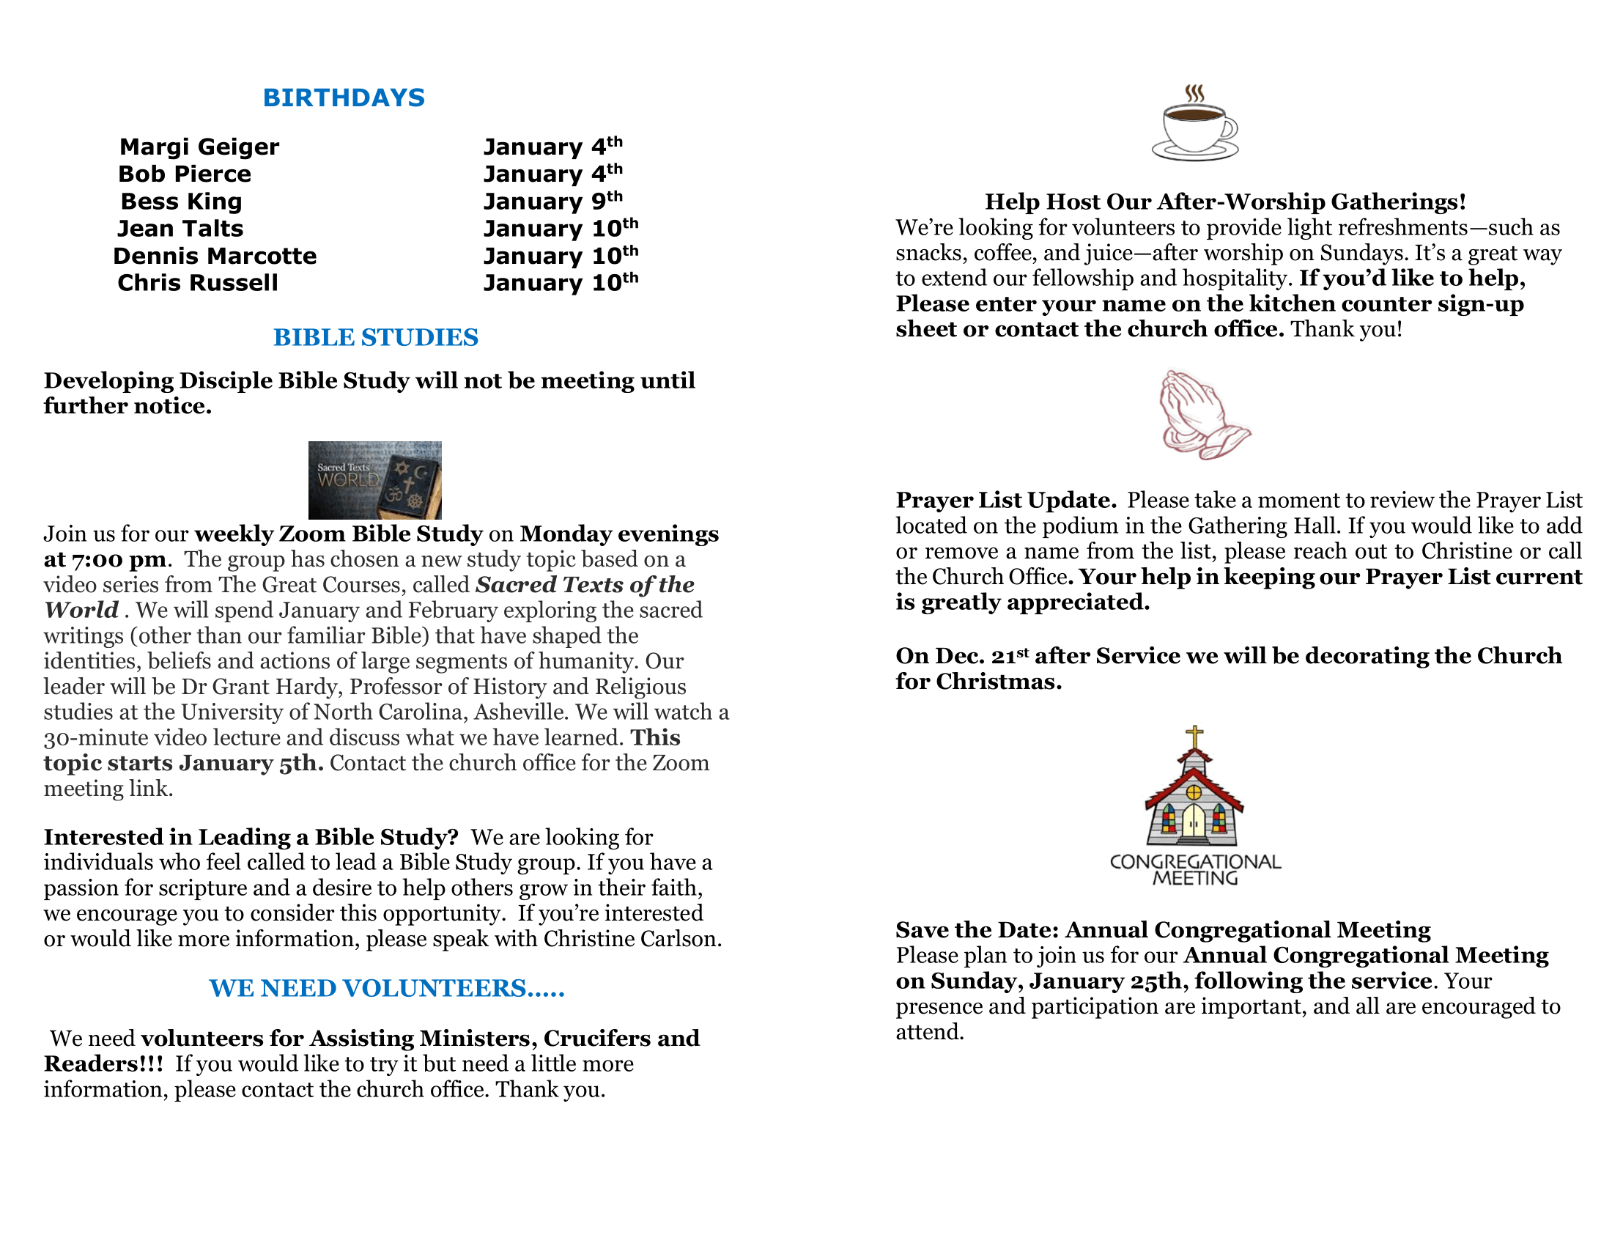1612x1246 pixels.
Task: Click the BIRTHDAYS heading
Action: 343,97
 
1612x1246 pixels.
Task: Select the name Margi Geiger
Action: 199,147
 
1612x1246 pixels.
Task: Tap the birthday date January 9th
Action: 552,201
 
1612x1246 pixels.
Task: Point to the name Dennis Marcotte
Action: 215,255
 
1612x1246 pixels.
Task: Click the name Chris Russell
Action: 198,283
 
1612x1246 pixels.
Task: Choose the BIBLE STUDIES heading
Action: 376,337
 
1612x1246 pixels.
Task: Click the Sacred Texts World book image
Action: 375,480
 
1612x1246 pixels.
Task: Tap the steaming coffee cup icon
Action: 1194,123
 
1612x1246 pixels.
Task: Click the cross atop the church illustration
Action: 1194,737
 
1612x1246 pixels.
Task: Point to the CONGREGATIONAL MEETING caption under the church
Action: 1195,869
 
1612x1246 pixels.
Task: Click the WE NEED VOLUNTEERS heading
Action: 387,989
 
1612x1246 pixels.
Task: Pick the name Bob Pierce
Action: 185,174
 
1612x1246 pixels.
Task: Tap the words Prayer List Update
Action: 1005,501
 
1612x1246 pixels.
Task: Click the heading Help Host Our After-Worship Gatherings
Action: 1225,202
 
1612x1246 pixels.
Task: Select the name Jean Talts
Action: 180,229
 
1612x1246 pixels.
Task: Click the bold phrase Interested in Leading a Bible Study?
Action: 251,837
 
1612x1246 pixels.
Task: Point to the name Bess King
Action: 182,202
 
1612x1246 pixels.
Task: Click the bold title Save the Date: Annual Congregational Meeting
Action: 1164,930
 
